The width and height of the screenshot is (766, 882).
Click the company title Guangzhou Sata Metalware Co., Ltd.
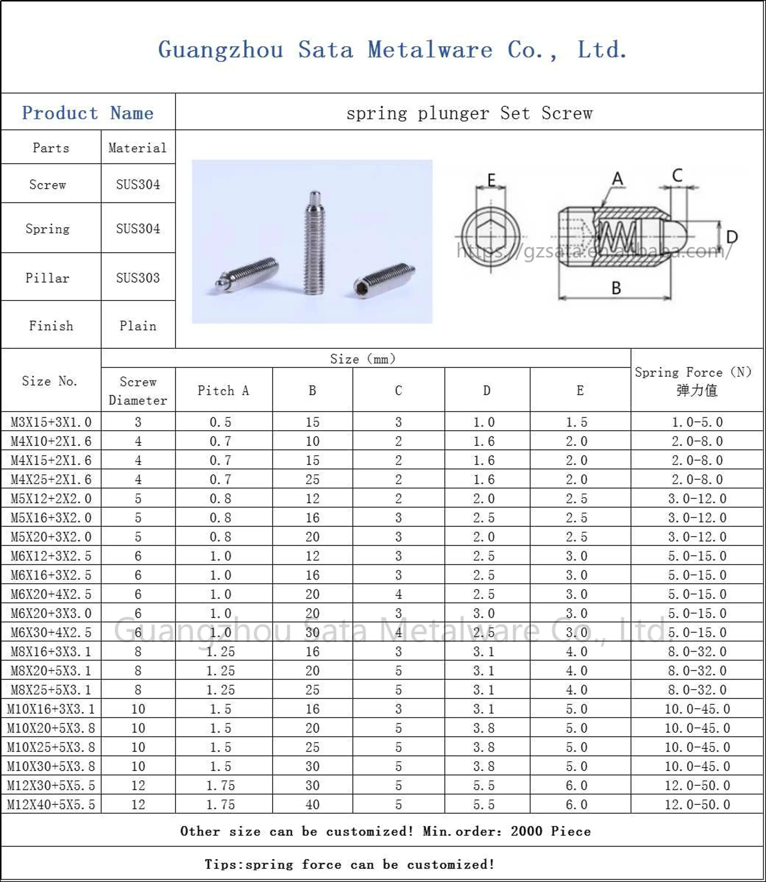point(392,50)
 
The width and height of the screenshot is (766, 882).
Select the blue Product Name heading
point(88,113)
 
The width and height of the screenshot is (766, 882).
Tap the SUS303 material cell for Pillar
point(138,278)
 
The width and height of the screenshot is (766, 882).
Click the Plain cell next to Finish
point(138,326)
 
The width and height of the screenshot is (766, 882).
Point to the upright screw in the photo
point(315,243)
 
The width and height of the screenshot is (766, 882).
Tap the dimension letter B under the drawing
point(616,288)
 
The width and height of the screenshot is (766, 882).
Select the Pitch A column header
point(223,390)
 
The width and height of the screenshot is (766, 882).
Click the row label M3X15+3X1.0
point(51,422)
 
